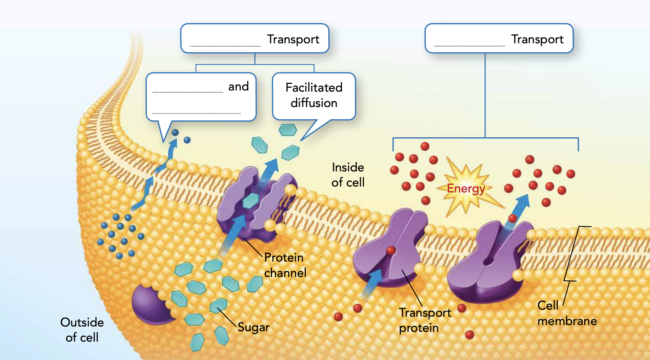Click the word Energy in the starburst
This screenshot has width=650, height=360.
coord(466,189)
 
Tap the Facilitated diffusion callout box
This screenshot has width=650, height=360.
coord(314,95)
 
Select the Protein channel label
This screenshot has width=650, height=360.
coord(285,265)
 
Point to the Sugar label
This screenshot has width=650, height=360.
coord(253,327)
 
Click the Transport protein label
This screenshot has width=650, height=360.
coord(424,320)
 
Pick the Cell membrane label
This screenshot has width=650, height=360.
coord(567,313)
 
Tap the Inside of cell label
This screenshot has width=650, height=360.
coord(348,175)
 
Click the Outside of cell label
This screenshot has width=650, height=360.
coord(82,330)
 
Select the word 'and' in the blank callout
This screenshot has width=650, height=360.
coord(238,87)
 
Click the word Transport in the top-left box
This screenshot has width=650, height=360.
coord(293,39)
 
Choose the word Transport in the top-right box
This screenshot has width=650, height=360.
coord(537,39)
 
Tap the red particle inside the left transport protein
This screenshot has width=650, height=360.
coord(391,251)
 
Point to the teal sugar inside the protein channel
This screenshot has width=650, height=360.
coord(251,201)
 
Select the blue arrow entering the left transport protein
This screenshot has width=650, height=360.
coord(371,283)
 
